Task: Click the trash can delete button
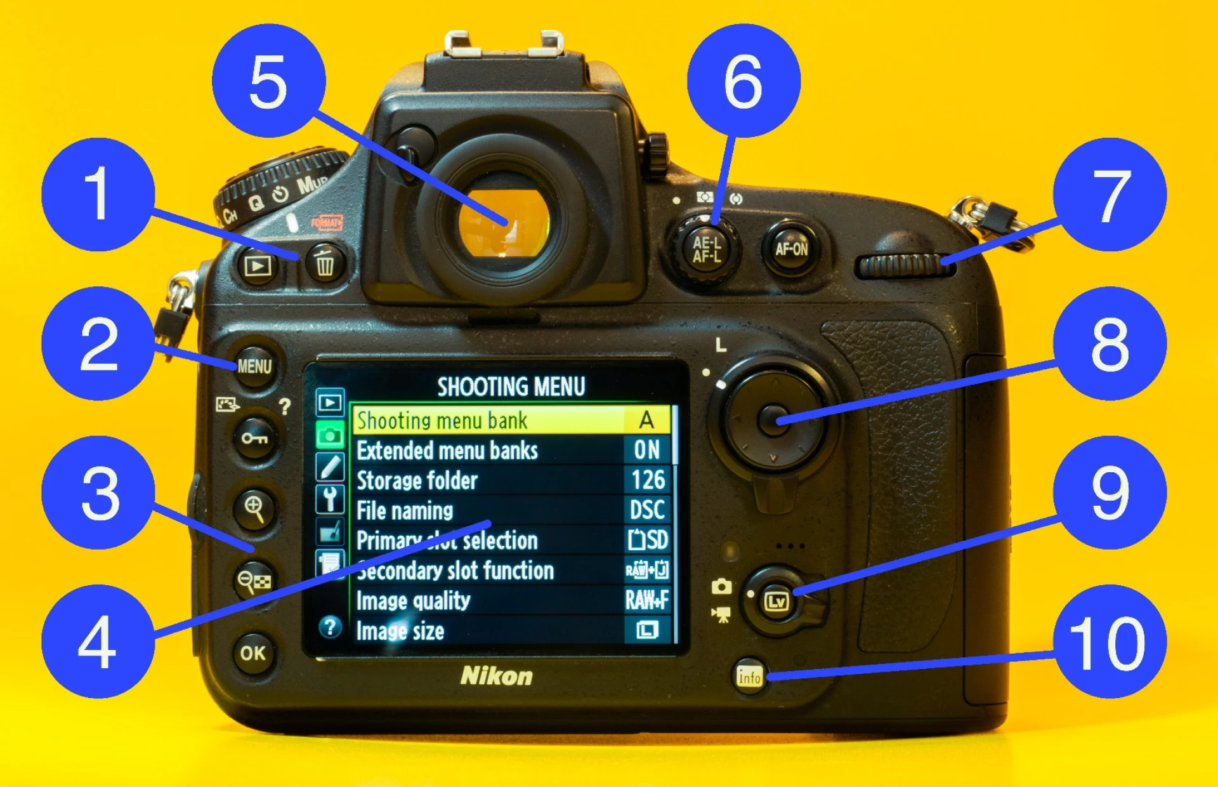325,263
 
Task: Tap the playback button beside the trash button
258,265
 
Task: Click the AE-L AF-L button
706,249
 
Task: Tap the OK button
253,652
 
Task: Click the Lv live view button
776,600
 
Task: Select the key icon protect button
254,438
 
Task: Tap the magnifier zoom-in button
254,508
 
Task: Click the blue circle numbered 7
1110,195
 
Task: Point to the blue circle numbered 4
98,641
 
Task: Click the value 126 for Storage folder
648,480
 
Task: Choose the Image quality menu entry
414,600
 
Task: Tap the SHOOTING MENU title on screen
511,387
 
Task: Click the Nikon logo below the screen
496,676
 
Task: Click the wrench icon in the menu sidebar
330,499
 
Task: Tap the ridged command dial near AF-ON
904,266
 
